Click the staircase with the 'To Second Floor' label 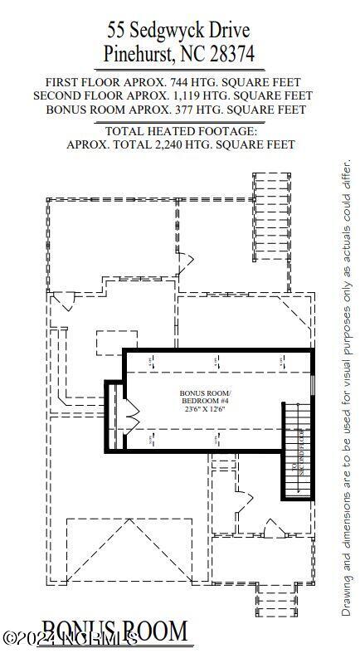(x=295, y=450)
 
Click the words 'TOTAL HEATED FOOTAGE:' (x=182, y=131)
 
